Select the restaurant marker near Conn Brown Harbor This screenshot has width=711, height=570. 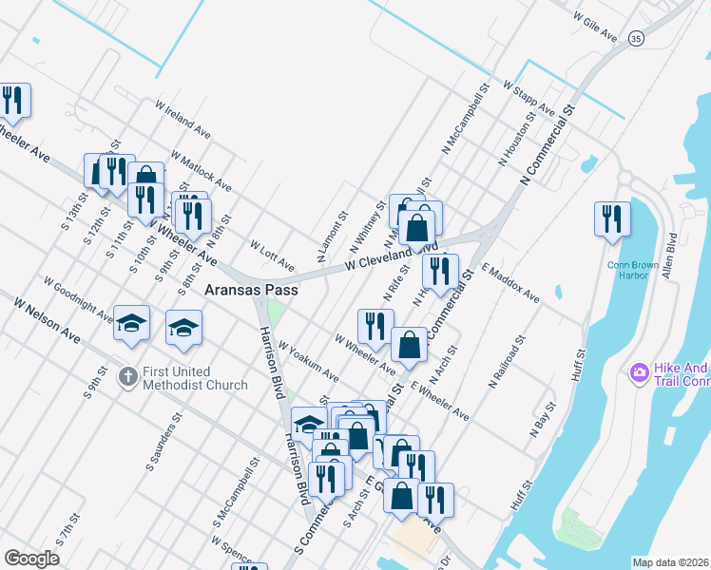pyautogui.click(x=612, y=218)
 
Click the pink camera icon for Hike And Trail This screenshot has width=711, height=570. pyautogui.click(x=639, y=372)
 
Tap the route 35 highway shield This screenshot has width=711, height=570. pyautogui.click(x=636, y=38)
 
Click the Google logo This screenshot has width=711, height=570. pyautogui.click(x=31, y=559)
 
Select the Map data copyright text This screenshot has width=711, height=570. pyautogui.click(x=670, y=562)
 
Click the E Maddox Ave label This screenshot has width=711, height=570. pyautogui.click(x=510, y=284)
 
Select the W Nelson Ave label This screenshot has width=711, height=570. pyautogui.click(x=47, y=317)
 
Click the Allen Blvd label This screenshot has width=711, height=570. pyautogui.click(x=672, y=255)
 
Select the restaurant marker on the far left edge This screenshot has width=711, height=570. pyautogui.click(x=13, y=100)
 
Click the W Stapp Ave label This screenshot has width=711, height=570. pyautogui.click(x=533, y=99)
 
